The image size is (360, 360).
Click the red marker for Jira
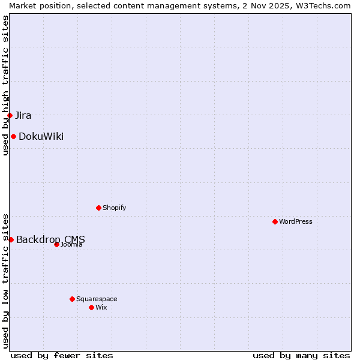click(x=10, y=115)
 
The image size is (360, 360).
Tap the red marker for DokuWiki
click(x=13, y=136)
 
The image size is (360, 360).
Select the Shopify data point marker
click(x=98, y=208)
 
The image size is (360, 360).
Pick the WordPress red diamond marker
click(x=275, y=221)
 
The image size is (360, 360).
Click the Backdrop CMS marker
click(x=11, y=239)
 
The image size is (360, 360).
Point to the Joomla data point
click(x=56, y=244)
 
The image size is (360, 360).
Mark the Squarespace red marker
click(x=72, y=299)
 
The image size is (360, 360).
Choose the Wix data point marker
click(x=91, y=307)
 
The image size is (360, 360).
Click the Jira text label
click(x=23, y=115)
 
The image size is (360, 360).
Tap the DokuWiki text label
click(x=41, y=136)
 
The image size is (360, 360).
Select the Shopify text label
click(x=114, y=208)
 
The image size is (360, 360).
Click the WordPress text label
click(x=296, y=221)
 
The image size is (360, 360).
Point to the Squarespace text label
click(x=97, y=299)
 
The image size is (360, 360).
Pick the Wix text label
click(x=101, y=307)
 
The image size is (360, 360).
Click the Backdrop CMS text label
click(x=50, y=239)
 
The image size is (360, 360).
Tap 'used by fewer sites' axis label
click(x=62, y=355)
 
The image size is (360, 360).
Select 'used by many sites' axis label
click(x=301, y=355)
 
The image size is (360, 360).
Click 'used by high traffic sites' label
click(x=5, y=85)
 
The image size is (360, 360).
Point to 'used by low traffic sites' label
click(x=5, y=280)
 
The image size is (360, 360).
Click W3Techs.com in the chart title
click(x=321, y=5)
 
